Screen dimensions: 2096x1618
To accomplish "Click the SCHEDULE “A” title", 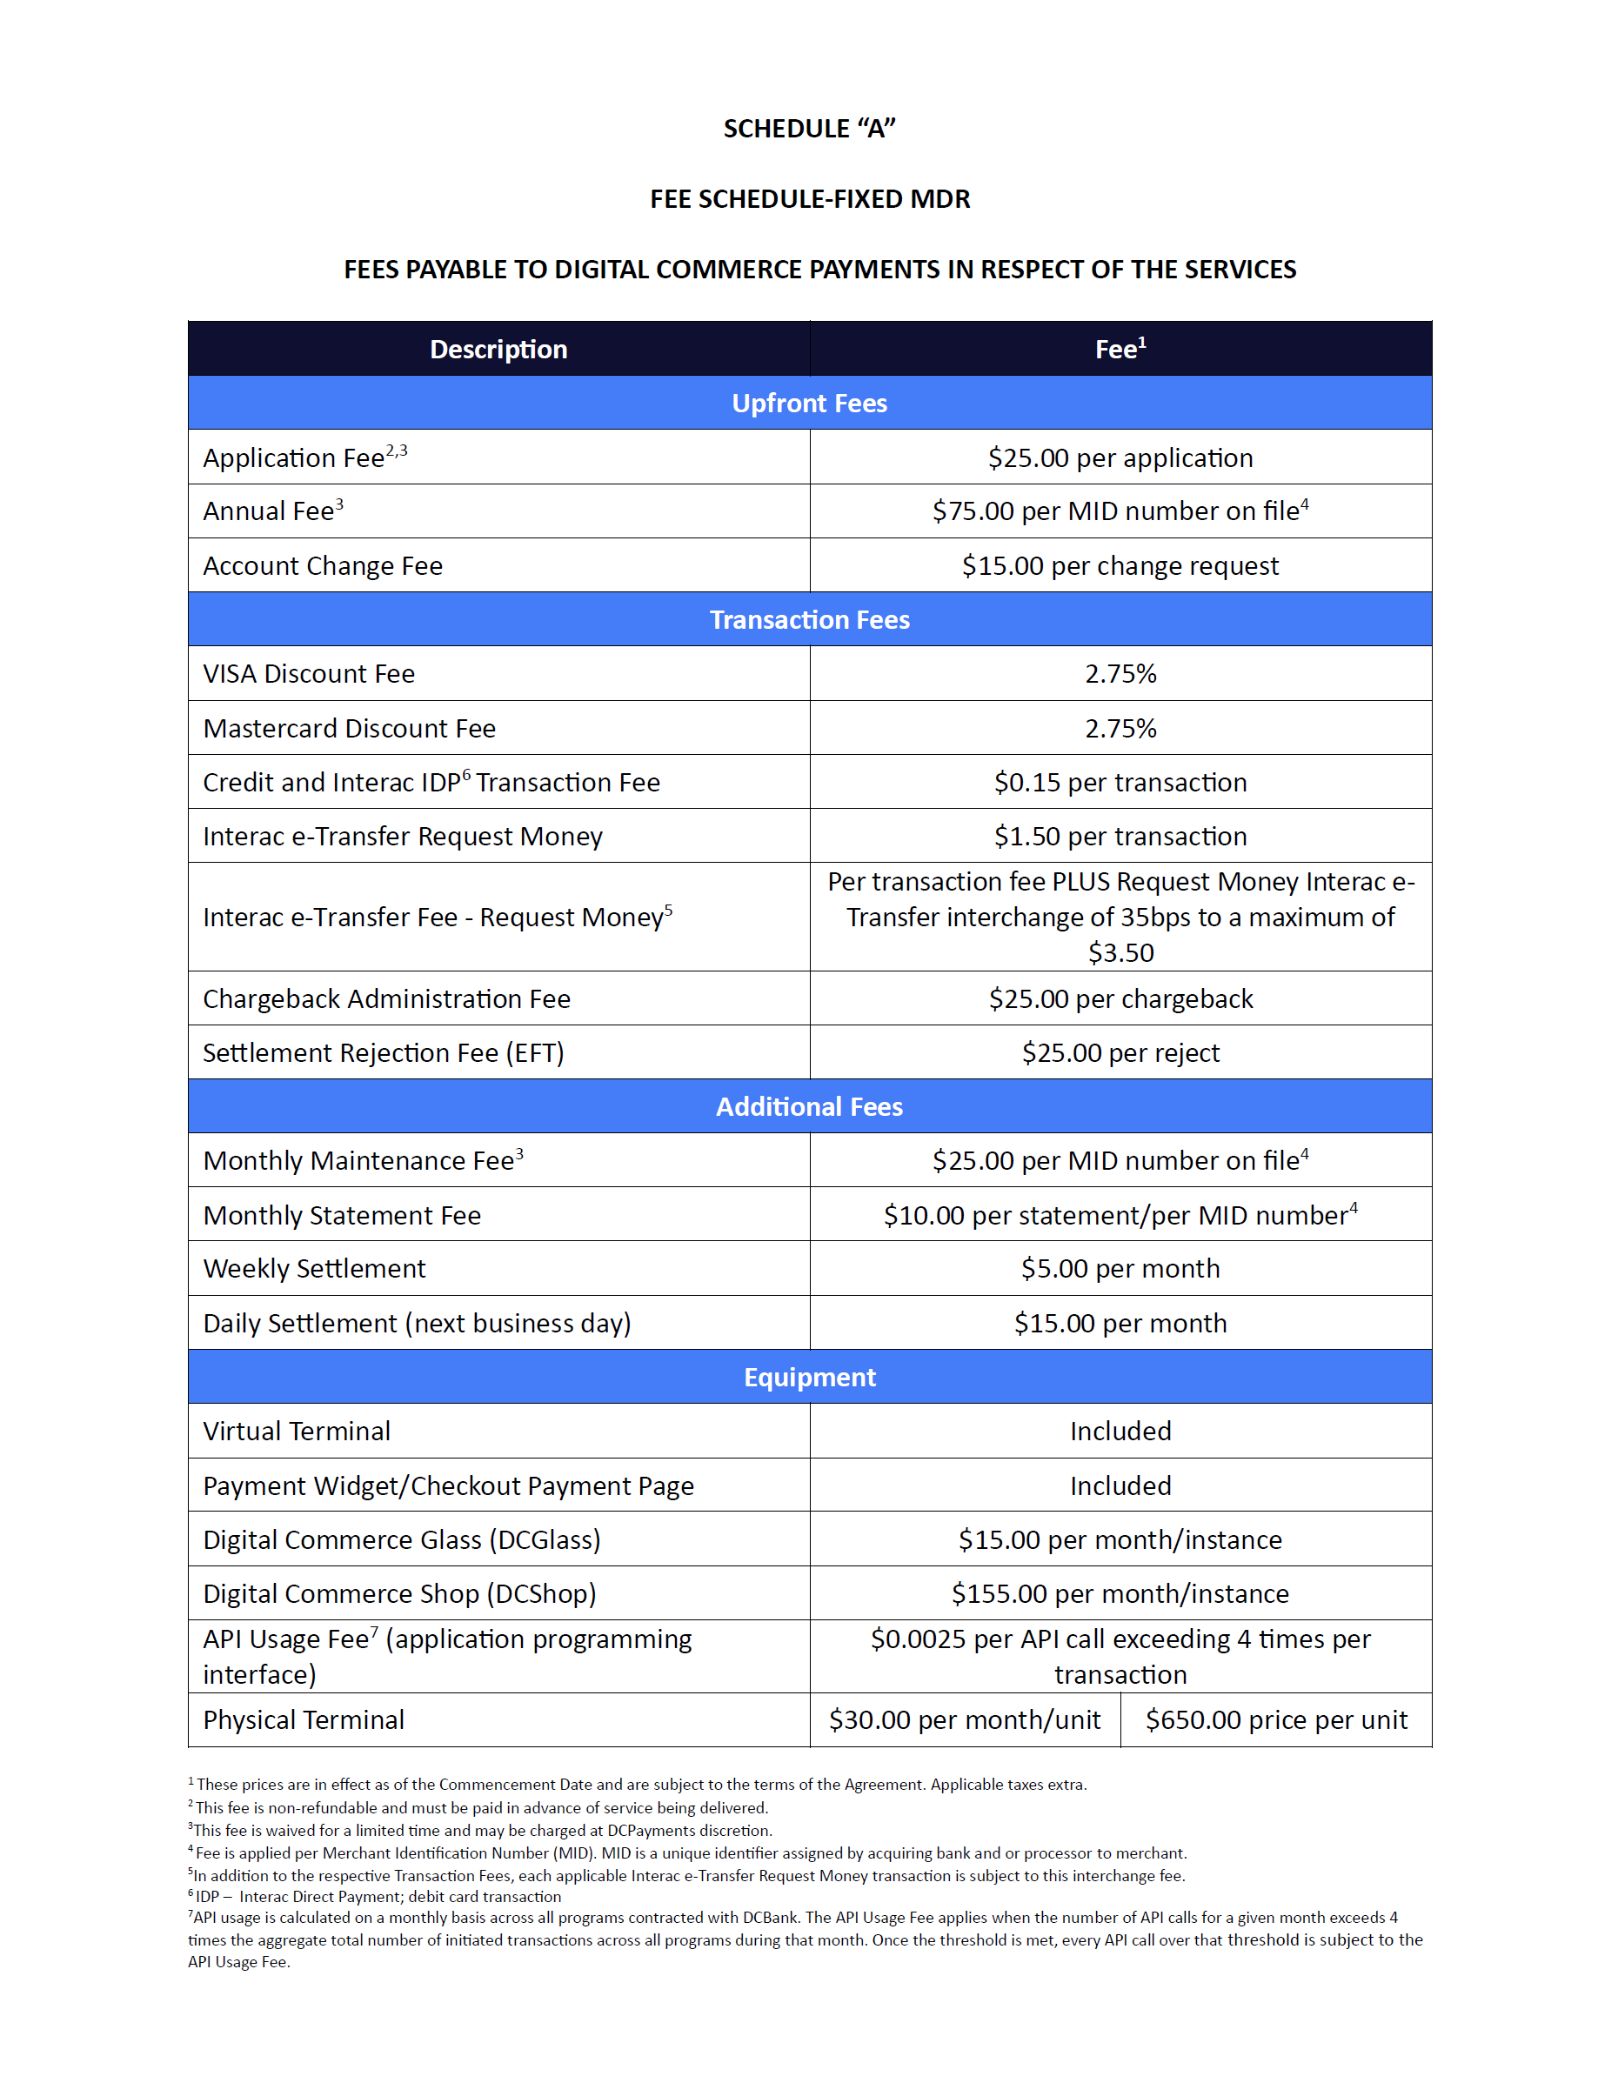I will coord(809,129).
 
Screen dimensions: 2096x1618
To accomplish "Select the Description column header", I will coord(498,350).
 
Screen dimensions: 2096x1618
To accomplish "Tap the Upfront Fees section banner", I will coord(809,403).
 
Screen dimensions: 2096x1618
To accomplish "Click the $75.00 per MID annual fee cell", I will coord(1120,511).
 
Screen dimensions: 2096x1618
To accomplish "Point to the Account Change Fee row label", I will coord(323,566).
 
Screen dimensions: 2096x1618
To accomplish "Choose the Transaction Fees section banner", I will coord(809,620).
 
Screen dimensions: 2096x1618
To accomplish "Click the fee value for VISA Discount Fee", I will coord(1120,674).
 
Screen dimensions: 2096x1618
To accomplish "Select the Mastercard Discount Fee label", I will coord(350,729).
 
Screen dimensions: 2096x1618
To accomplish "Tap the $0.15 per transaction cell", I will coord(1120,782).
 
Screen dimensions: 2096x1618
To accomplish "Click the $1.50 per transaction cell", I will coord(1120,836).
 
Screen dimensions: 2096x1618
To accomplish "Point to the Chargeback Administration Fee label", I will coord(387,999).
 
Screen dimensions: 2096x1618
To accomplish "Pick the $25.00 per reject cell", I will coord(1120,1053).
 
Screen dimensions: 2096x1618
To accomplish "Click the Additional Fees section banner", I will coord(809,1106).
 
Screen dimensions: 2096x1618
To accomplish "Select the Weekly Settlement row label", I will coord(314,1269).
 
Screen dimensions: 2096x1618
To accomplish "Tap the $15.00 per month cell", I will coord(1120,1324).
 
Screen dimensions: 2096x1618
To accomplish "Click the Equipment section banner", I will coord(809,1377).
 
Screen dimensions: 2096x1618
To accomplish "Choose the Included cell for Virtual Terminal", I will coord(1120,1431).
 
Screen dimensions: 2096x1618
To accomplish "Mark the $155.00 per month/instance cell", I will coord(1120,1593).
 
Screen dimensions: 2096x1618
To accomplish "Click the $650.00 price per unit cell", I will coord(1275,1719).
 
